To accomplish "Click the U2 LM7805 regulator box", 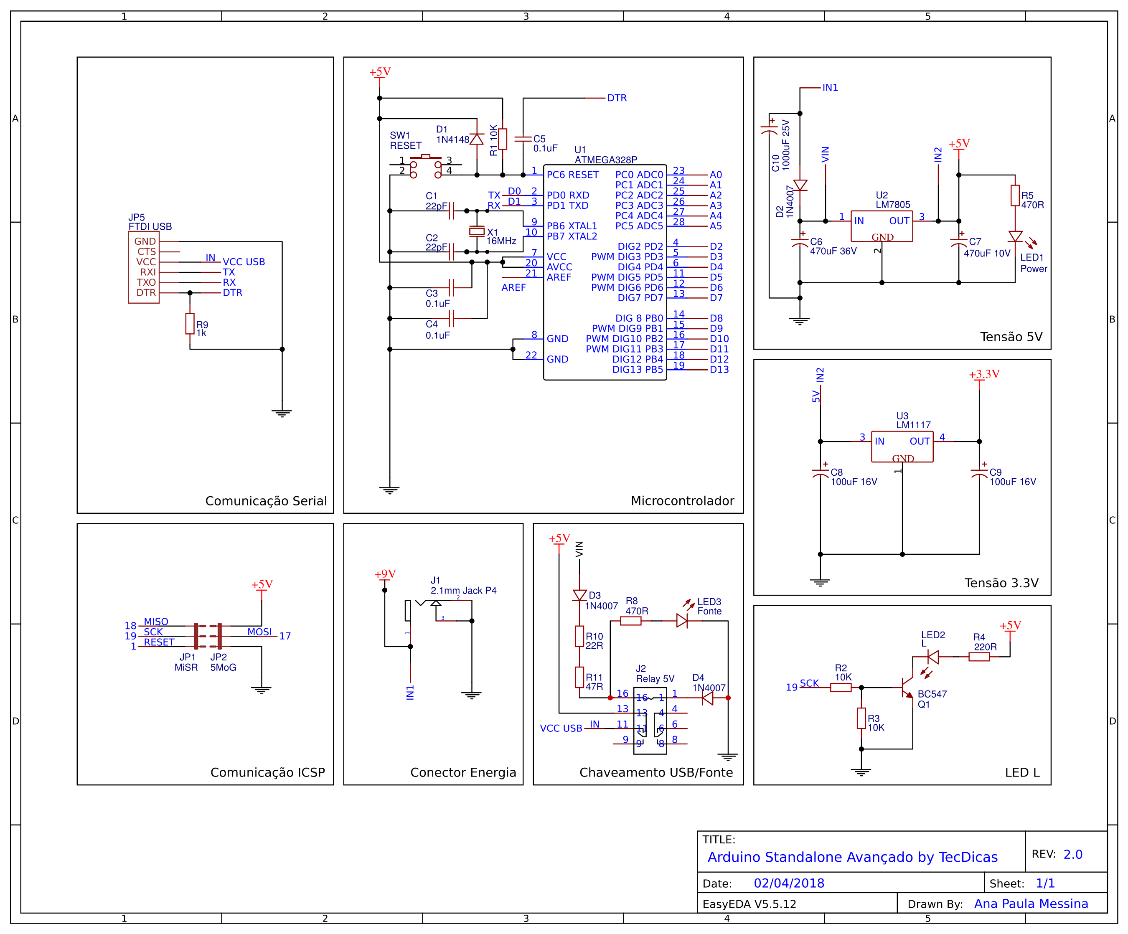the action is tap(882, 226).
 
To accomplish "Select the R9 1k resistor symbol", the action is tap(190, 324).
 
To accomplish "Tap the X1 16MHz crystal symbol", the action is tap(476, 231).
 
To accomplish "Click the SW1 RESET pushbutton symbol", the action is tap(425, 165).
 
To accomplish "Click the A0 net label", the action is tap(716, 175).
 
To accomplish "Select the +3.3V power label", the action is tap(984, 374).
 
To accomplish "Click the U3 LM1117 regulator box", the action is tap(902, 446).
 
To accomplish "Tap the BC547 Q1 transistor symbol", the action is tap(907, 688).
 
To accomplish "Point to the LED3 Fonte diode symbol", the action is tap(682, 621).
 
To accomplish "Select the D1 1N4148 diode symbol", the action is tap(476, 139).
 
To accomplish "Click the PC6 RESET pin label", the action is tap(573, 175).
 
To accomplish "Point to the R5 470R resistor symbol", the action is tap(1015, 195).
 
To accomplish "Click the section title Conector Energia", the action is tap(463, 772).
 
